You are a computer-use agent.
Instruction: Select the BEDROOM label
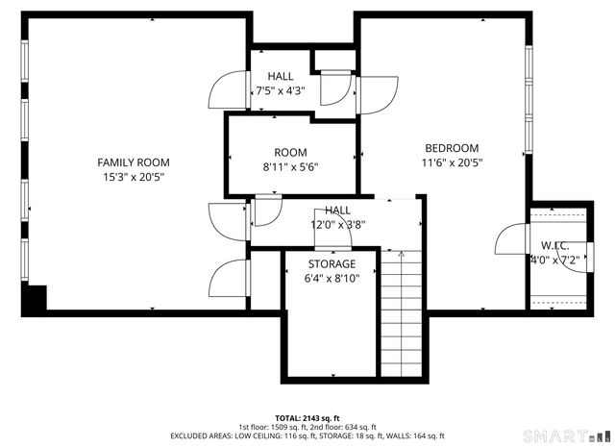[x=452, y=148]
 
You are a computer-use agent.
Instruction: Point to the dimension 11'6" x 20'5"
[x=452, y=162]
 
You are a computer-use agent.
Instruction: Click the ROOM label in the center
[x=290, y=153]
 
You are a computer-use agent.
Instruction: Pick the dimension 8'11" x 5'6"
[x=290, y=166]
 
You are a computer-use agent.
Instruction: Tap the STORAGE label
[x=332, y=263]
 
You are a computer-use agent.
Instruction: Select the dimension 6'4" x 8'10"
[x=332, y=279]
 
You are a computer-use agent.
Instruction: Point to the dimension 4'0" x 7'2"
[x=554, y=259]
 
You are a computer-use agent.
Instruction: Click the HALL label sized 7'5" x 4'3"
[x=281, y=77]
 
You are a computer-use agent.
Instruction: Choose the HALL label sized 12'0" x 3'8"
[x=337, y=210]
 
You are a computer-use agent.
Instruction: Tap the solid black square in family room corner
[x=35, y=298]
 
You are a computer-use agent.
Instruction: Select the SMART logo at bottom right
[x=578, y=435]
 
